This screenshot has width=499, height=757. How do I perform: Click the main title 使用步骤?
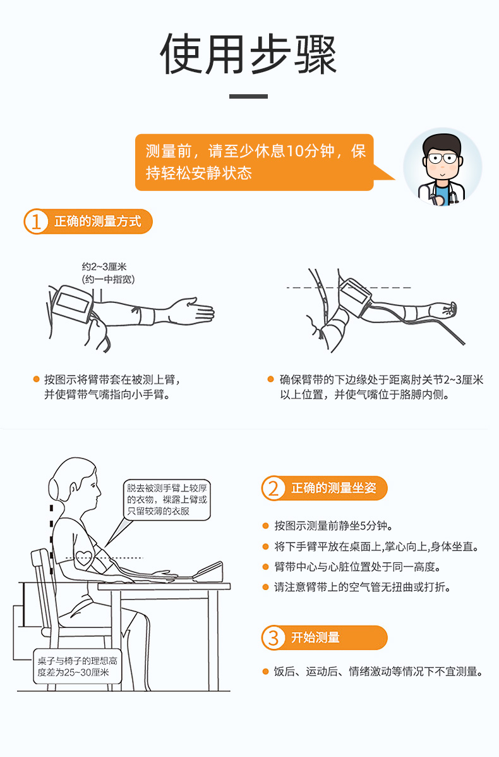[248, 54]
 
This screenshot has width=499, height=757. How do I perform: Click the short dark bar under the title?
[248, 97]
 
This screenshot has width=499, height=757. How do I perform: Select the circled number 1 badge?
[36, 221]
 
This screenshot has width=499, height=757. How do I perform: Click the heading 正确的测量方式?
[98, 221]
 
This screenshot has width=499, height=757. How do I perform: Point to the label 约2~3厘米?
[104, 266]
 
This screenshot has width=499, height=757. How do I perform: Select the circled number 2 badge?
[274, 488]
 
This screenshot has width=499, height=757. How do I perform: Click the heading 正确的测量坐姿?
[334, 488]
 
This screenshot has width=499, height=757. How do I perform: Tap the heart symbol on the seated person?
[85, 558]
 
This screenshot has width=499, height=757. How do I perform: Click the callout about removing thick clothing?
[167, 500]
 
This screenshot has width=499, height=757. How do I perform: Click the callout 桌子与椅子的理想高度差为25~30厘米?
[77, 667]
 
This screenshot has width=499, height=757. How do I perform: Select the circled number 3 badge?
[274, 637]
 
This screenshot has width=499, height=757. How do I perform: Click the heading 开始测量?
[315, 637]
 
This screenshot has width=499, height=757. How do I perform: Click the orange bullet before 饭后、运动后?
[265, 672]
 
